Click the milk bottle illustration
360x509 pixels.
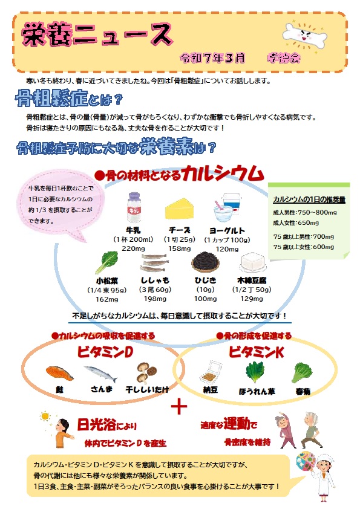tap(134, 208)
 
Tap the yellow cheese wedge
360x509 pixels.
tap(180, 209)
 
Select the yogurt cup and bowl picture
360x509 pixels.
tap(227, 208)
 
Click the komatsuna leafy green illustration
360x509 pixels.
tap(107, 262)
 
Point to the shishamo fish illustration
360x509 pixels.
tap(155, 262)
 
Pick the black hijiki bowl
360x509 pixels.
tap(205, 262)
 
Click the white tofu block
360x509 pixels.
tap(252, 262)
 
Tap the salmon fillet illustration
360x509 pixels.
tap(60, 372)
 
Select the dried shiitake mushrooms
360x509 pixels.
tap(146, 372)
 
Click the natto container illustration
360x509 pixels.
tap(211, 372)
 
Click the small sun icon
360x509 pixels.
tap(45, 417)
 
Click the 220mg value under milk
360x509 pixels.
tap(133, 248)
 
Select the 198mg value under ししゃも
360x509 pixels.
tap(155, 299)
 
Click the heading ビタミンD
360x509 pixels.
tap(105, 352)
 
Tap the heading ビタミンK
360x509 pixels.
tap(257, 352)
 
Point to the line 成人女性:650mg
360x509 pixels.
tap(296, 222)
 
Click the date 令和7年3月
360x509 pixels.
tap(213, 58)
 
